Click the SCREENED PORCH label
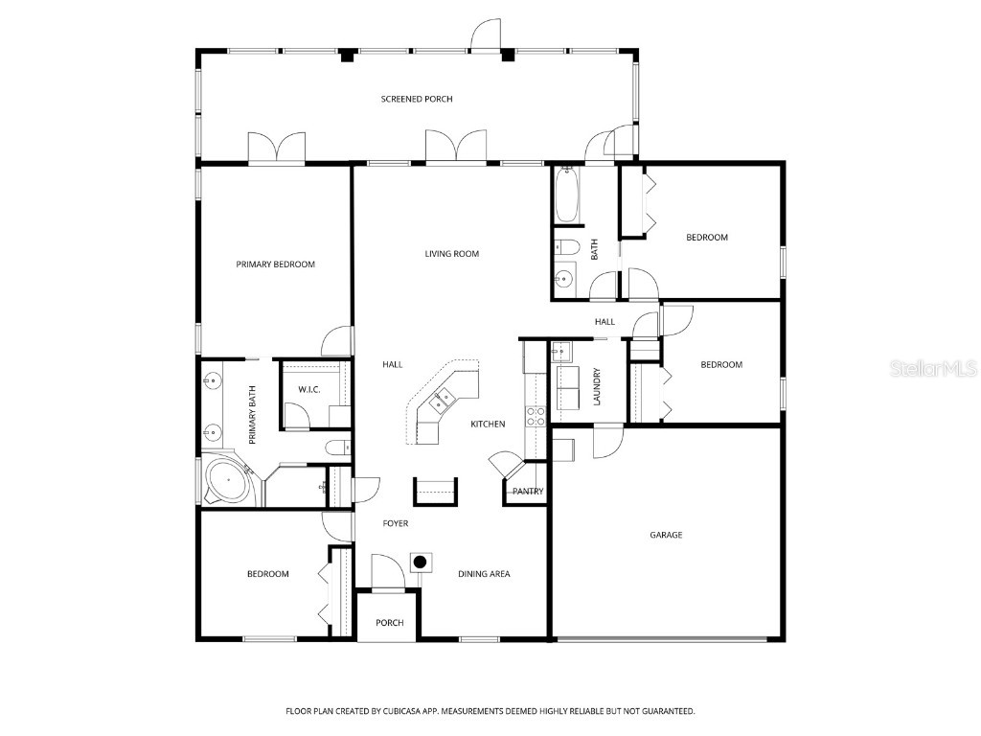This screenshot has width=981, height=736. point(417,99)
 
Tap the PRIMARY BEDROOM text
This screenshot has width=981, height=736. point(276,264)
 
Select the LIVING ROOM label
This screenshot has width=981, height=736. point(452,254)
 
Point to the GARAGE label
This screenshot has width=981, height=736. point(666,535)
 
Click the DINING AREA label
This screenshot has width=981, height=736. point(484,574)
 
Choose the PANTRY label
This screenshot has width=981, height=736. point(527,492)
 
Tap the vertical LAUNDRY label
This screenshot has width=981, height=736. point(596,386)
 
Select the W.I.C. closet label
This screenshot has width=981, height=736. point(308,390)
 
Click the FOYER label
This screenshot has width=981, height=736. point(396,523)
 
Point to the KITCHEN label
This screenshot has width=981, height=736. point(488,424)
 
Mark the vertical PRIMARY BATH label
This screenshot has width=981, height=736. point(253,415)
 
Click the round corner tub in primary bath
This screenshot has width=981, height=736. point(228,481)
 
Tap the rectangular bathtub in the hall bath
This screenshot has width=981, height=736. point(565,195)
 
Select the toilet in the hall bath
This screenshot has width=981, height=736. point(565,248)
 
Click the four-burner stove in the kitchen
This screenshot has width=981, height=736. point(536,415)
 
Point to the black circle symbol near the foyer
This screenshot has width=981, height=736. point(420,562)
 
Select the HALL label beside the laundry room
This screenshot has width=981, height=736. point(605,322)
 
